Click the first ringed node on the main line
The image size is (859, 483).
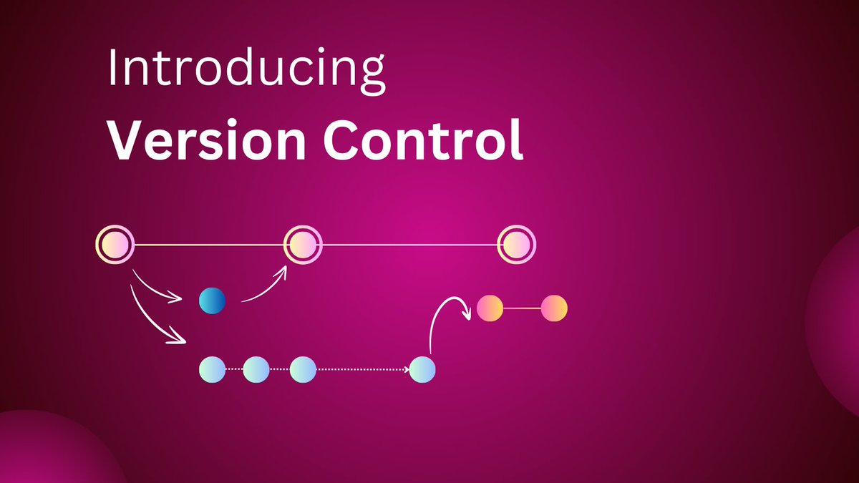pos(115,245)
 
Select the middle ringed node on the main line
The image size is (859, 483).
pos(304,245)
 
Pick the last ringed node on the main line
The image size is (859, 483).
pos(517,245)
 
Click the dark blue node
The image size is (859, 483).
pos(212,301)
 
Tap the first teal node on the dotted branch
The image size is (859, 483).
pos(212,369)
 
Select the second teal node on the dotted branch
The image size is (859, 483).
pos(256,369)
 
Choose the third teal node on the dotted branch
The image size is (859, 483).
pos(304,369)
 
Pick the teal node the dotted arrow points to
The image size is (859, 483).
pos(422,369)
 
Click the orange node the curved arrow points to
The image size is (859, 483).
pos(490,308)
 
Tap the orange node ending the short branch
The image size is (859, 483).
pos(554,308)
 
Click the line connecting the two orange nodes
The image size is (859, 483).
pos(522,308)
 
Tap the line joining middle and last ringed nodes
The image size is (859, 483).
pos(410,245)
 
